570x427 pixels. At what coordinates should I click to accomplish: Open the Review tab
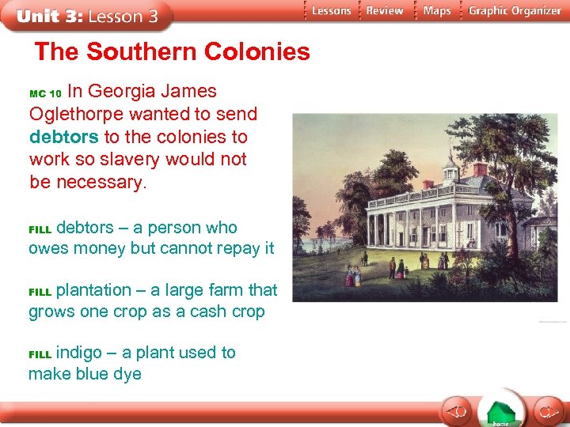385,11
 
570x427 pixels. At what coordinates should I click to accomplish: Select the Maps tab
436,11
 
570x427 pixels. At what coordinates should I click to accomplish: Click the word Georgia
130,92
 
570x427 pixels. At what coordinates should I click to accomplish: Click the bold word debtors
64,137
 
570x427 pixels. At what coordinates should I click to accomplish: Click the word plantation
93,290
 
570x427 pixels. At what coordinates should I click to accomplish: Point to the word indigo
80,352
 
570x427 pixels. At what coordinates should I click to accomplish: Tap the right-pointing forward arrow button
545,411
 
